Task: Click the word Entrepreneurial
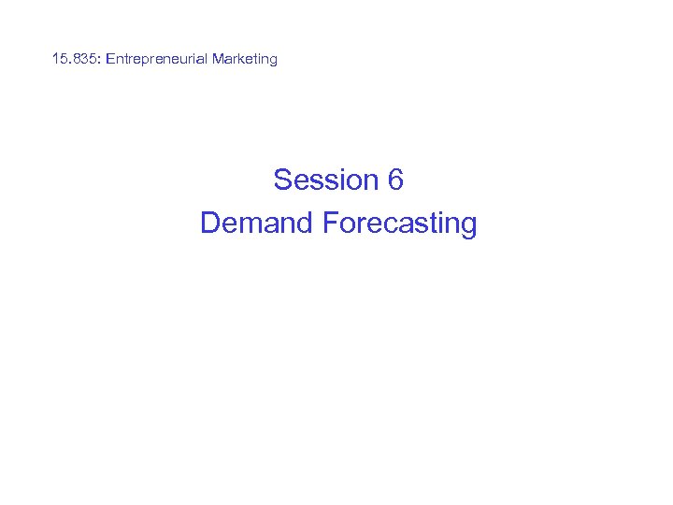[x=157, y=59]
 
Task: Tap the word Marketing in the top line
[x=245, y=59]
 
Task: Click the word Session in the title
[x=325, y=180]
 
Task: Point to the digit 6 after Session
[x=395, y=180]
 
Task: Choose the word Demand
[x=256, y=224]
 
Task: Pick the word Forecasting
[x=399, y=224]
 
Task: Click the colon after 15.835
[x=100, y=60]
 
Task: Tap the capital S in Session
[x=282, y=180]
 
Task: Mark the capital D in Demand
[x=210, y=224]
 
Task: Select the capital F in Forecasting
[x=329, y=224]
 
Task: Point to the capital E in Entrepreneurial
[x=110, y=59]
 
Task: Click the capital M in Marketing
[x=218, y=59]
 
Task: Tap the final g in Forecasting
[x=466, y=226]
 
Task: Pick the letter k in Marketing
[x=242, y=59]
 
